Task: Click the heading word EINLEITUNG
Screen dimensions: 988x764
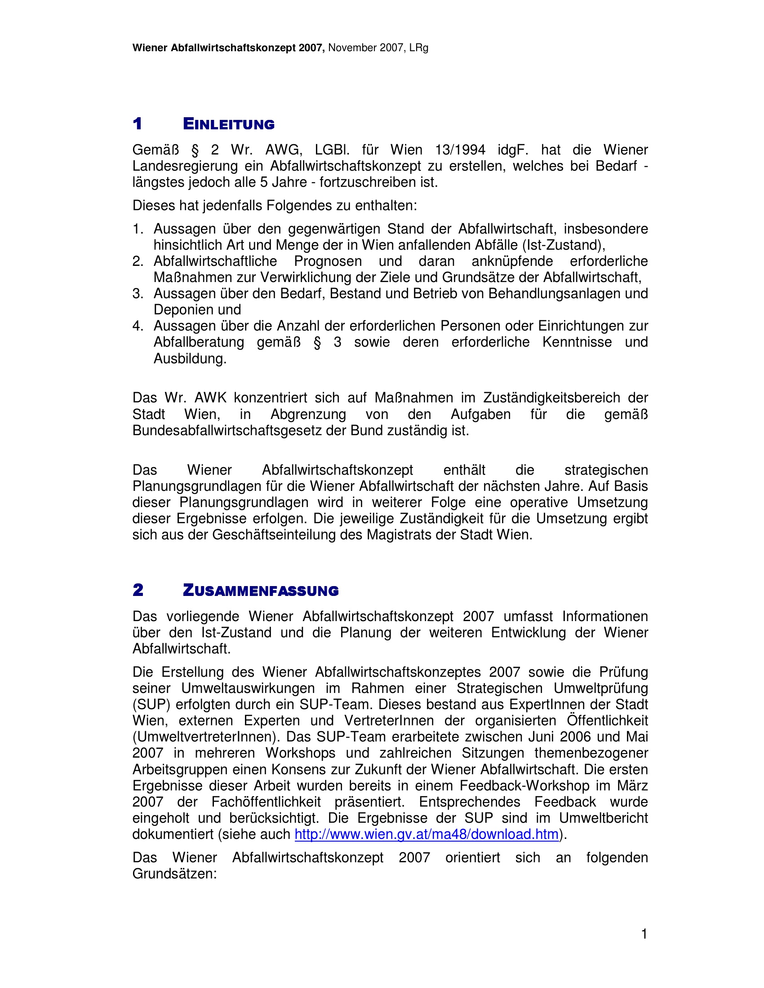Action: coord(229,124)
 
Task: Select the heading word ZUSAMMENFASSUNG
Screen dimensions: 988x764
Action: coord(260,591)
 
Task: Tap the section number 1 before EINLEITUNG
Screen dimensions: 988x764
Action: coord(138,123)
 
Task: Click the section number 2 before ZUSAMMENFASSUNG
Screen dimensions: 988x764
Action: coord(138,590)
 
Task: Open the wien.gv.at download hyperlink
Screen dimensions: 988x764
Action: coord(426,834)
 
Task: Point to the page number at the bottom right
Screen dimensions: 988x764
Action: coord(644,934)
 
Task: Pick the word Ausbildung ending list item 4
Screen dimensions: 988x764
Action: coord(190,359)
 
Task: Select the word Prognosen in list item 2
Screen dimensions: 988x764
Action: coord(328,261)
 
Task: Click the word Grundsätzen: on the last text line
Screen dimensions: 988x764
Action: coord(175,873)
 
